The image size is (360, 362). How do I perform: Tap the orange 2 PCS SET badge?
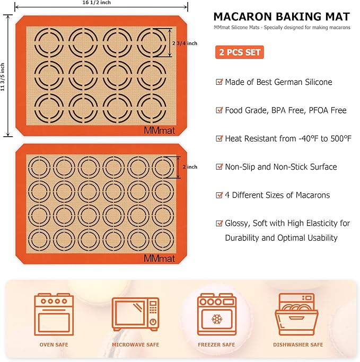tap(239, 52)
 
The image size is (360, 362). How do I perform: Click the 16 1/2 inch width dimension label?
tap(100, 3)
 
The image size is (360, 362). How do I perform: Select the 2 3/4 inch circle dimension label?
tap(185, 43)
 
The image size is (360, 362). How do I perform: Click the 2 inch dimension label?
tap(190, 167)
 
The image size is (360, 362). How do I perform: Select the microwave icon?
tap(135, 315)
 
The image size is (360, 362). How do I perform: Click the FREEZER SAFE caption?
tap(216, 345)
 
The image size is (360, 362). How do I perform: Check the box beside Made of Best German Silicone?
tap(219, 82)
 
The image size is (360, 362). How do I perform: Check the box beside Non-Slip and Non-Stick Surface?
tap(219, 167)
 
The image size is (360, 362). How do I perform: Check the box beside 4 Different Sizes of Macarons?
tap(219, 195)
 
